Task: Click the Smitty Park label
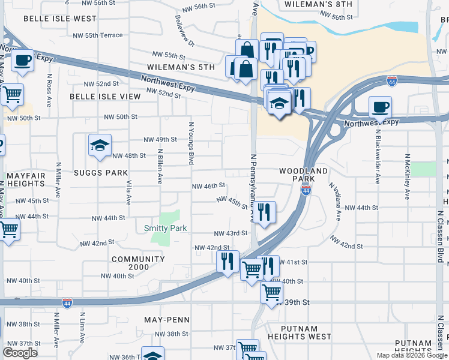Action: coord(166,228)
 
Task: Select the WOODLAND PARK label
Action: coord(304,175)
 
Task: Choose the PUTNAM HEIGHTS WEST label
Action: coord(298,332)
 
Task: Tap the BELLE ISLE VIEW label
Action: coord(105,96)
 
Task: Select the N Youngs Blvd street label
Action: coord(191,143)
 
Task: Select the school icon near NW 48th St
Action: coord(100,145)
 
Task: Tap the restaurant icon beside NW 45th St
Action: coord(264,212)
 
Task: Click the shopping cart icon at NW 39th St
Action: coord(272,293)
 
